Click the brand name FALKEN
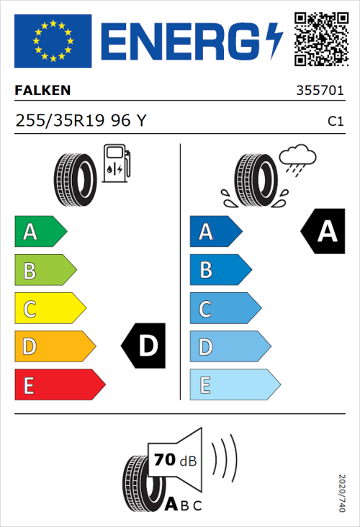click(42, 91)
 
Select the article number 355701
click(320, 91)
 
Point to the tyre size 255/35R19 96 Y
click(81, 122)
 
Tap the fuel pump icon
click(116, 163)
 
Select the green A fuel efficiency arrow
click(40, 232)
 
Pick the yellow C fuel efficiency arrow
click(50, 309)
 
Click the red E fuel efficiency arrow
click(59, 385)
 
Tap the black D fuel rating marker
click(144, 346)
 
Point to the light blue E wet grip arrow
click(234, 385)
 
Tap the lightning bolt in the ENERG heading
click(274, 41)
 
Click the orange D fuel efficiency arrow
click(55, 347)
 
